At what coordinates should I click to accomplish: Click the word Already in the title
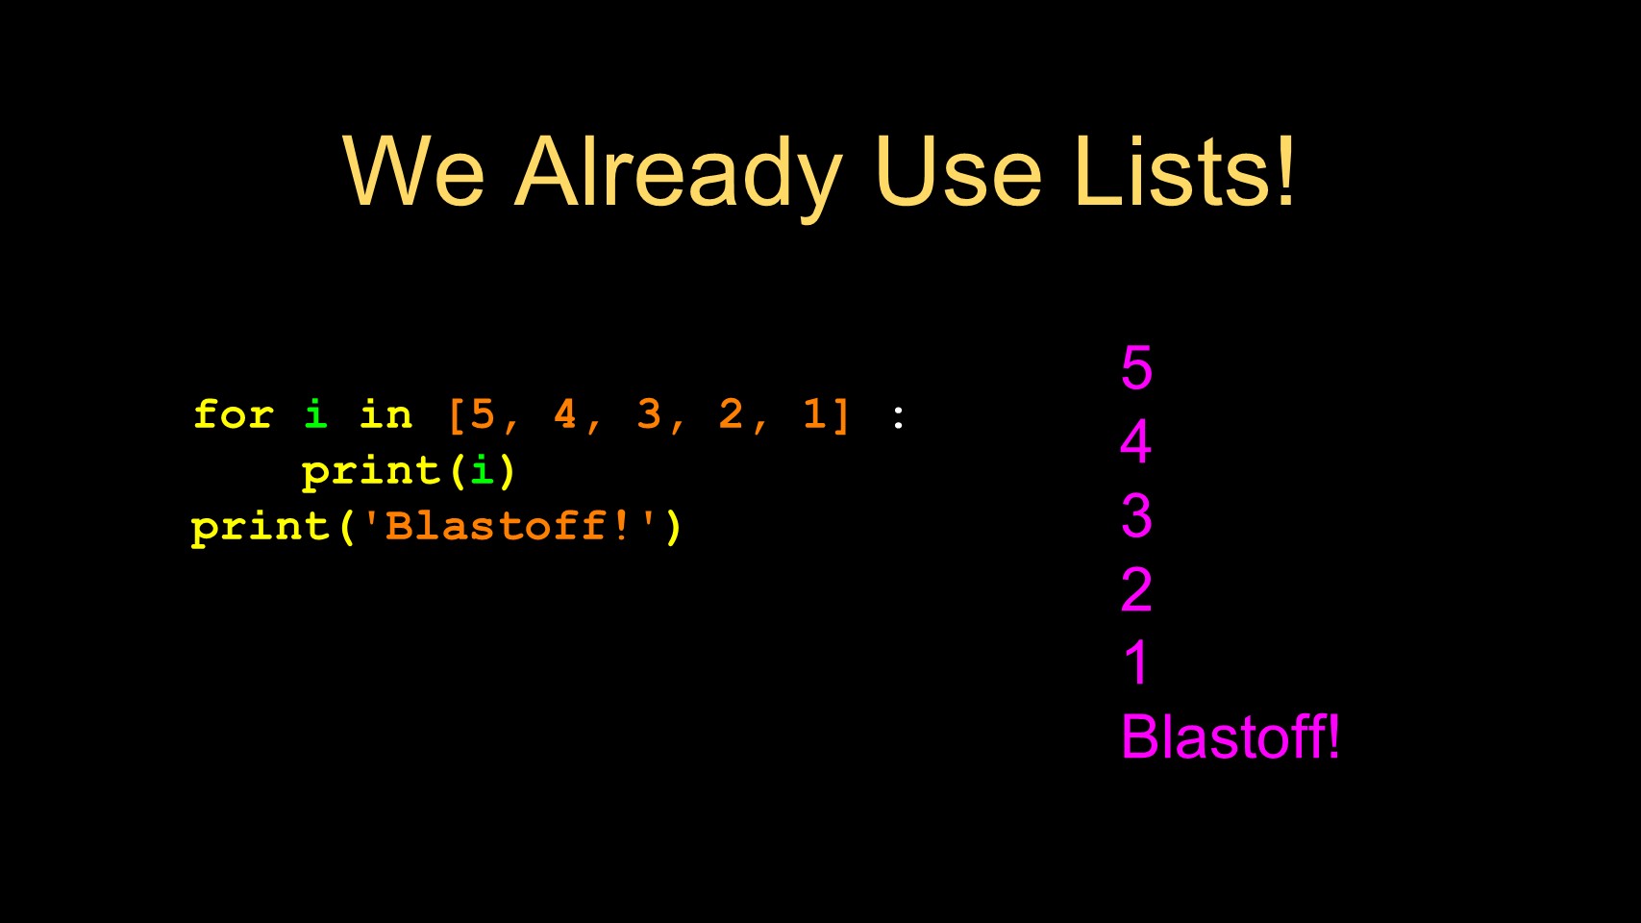tap(679, 176)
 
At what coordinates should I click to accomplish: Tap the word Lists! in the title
tap(1184, 171)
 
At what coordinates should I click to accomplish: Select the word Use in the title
tap(957, 171)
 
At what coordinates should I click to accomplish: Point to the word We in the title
tap(413, 171)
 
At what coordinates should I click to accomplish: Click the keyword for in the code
tap(234, 414)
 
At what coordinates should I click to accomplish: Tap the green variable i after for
tap(315, 413)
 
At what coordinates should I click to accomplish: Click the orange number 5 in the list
tap(483, 413)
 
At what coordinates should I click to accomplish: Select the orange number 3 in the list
tap(649, 413)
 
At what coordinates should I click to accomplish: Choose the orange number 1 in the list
tap(814, 413)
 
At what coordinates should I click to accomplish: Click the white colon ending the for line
tap(898, 417)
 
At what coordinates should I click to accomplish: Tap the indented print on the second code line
tap(371, 472)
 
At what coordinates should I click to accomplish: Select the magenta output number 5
tap(1136, 367)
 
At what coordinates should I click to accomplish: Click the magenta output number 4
tap(1136, 441)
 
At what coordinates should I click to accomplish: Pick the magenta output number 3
tap(1136, 515)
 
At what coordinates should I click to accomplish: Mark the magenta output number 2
tap(1136, 589)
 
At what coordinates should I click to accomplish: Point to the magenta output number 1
tap(1136, 662)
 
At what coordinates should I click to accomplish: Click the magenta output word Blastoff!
tap(1231, 736)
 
